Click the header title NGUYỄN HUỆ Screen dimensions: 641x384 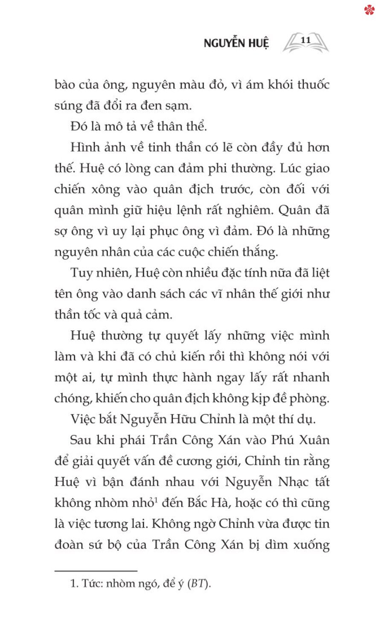[236, 43]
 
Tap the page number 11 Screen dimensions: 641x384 [305, 40]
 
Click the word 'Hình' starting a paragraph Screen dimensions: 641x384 [84, 147]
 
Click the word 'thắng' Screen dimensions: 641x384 [259, 252]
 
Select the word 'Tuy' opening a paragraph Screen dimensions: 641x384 [81, 273]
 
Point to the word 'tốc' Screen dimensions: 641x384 [89, 315]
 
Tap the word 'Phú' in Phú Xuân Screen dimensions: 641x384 [284, 440]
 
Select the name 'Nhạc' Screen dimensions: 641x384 [294, 482]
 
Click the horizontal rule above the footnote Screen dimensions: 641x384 [96, 570]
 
